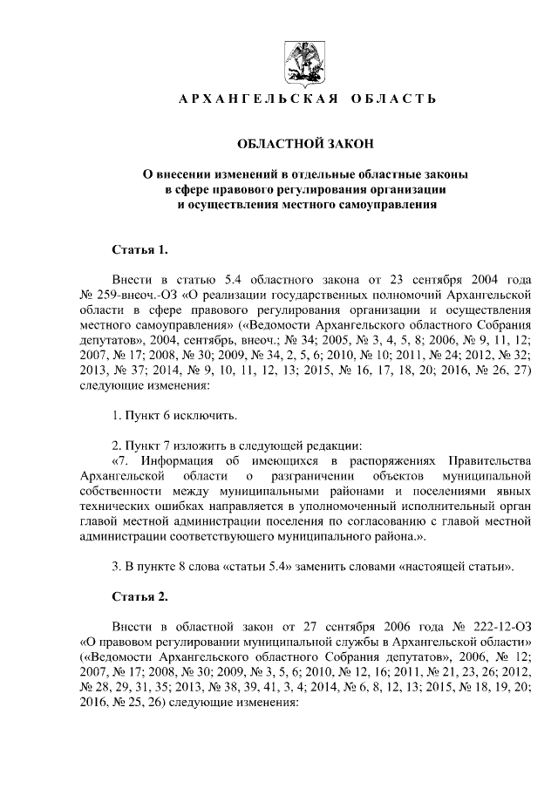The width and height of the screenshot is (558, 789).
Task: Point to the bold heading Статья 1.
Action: click(139, 250)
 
